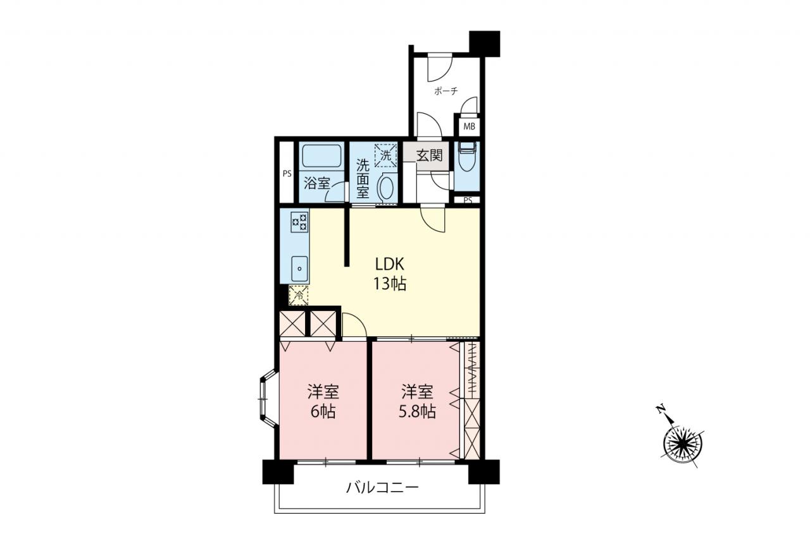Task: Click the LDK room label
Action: (389, 264)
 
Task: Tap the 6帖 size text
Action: (323, 411)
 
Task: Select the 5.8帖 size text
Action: (417, 411)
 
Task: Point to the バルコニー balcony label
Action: (382, 488)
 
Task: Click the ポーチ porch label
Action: (446, 91)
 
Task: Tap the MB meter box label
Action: (470, 127)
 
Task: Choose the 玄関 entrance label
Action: (429, 155)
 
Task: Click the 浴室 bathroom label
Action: (317, 183)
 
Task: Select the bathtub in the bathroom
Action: (322, 156)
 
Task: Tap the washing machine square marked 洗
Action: (386, 155)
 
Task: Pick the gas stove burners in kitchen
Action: (299, 222)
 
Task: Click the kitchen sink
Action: (299, 269)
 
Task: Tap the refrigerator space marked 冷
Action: (299, 295)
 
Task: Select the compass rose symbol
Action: (683, 444)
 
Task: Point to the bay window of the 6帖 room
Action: (267, 399)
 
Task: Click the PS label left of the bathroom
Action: (287, 174)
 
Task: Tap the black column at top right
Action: (485, 44)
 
